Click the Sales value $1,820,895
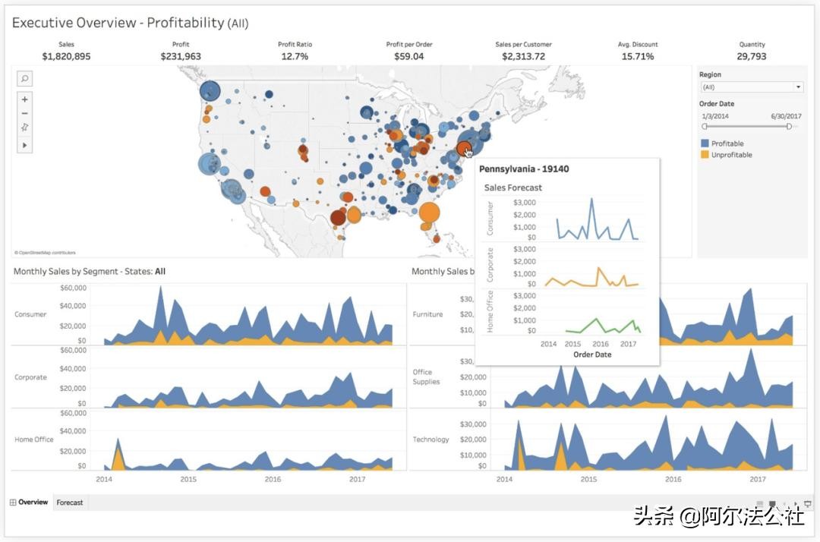click(66, 56)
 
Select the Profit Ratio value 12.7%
click(295, 56)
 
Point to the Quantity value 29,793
click(751, 56)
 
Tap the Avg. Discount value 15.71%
click(637, 56)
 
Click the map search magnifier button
click(24, 78)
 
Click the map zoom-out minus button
click(24, 113)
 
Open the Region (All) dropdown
click(750, 87)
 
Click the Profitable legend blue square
click(705, 143)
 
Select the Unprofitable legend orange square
click(705, 155)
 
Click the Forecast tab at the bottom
click(70, 503)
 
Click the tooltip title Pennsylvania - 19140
click(524, 169)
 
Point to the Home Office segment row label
click(33, 440)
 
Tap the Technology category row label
click(430, 440)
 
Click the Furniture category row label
click(427, 314)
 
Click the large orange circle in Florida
click(429, 213)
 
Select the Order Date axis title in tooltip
click(592, 355)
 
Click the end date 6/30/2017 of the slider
click(786, 116)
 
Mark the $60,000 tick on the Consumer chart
click(73, 288)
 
